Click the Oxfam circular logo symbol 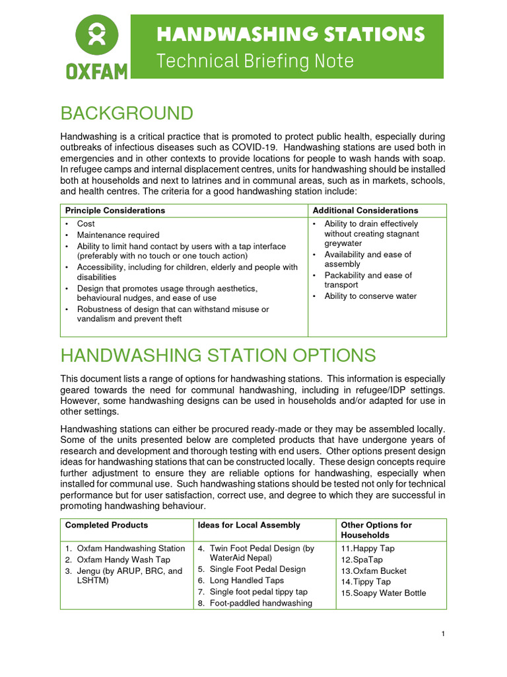96,36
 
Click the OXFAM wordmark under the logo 96,71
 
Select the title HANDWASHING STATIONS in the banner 290,34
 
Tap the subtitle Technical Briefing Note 255,61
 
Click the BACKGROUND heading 127,113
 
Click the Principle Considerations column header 115,210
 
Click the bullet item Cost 86,224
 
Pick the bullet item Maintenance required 118,235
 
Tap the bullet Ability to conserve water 370,296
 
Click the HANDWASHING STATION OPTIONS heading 218,356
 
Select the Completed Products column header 106,525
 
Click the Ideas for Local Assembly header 248,525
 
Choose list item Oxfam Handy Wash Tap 123,559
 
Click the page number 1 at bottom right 444,635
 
